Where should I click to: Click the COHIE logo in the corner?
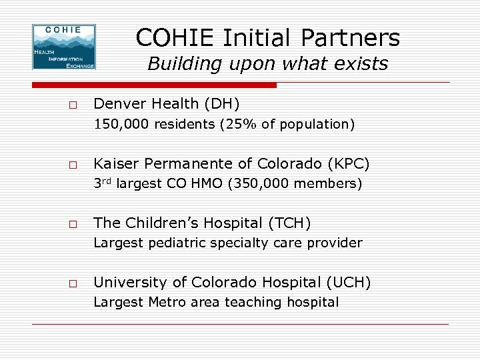(64, 47)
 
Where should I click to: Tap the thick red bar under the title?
(154, 85)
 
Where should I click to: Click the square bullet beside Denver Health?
(72, 105)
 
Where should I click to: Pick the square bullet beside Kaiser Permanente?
(72, 165)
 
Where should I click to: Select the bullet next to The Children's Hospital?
(72, 223)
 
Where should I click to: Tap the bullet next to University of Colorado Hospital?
(72, 283)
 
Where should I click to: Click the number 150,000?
(121, 124)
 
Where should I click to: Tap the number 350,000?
(259, 184)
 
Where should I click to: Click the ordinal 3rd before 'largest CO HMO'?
(102, 183)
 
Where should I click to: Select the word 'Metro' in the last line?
(166, 303)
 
